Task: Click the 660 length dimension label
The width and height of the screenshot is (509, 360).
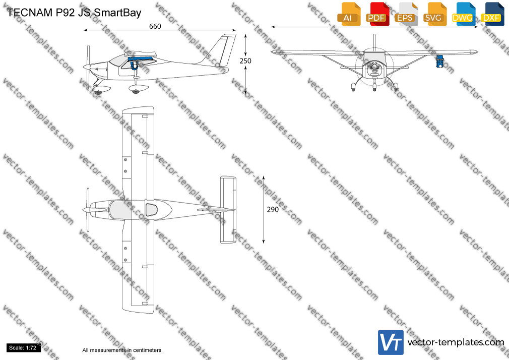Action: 155,26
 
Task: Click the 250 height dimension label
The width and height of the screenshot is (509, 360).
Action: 245,61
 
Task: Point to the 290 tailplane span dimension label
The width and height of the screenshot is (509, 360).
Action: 273,210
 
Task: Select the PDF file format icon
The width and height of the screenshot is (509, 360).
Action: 377,14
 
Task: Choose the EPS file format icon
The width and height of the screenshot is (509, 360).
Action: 406,14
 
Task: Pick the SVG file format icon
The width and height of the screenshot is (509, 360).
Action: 434,14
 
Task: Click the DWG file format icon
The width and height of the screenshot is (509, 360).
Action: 463,14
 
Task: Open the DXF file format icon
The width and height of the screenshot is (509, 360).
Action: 492,14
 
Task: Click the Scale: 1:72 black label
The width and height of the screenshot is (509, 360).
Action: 23,348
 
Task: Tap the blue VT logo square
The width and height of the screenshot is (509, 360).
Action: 391,342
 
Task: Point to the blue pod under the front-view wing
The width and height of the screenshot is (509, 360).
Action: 439,61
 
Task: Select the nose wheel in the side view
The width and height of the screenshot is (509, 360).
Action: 97,93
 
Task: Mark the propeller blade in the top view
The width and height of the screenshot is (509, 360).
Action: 87,210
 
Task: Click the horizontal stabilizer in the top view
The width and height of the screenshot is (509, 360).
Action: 228,210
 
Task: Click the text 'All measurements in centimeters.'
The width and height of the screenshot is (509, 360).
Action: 122,350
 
